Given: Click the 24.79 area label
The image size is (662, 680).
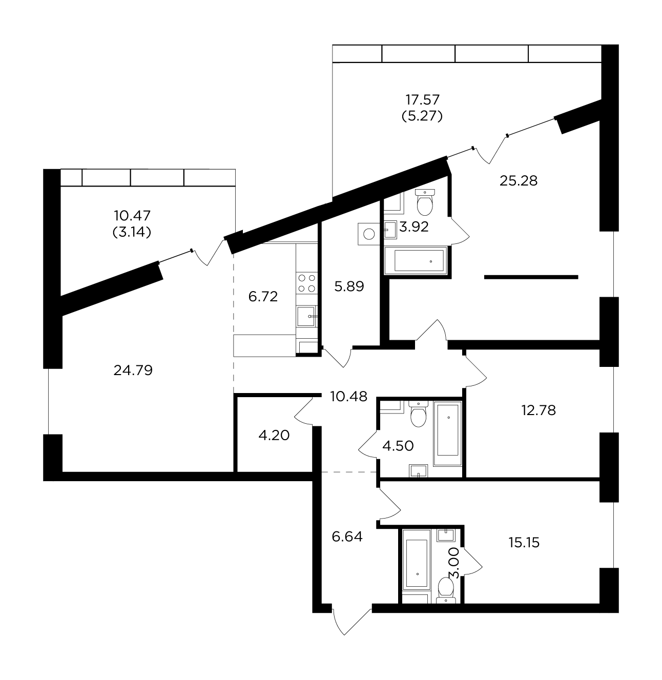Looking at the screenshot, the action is pyautogui.click(x=133, y=370).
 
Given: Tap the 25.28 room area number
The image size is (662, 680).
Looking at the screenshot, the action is pyautogui.click(x=519, y=181).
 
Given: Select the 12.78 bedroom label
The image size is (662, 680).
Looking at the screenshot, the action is pyautogui.click(x=539, y=410).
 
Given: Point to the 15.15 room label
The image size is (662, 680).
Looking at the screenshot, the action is pyautogui.click(x=524, y=543).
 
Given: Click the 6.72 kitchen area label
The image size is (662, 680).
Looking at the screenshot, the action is pyautogui.click(x=263, y=297).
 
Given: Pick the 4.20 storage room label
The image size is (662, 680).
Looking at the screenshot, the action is pyautogui.click(x=274, y=436).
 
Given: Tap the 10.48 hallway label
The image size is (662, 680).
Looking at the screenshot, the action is pyautogui.click(x=348, y=397).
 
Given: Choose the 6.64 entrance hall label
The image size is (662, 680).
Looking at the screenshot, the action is pyautogui.click(x=347, y=537).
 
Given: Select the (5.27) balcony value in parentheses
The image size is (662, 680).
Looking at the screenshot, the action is pyautogui.click(x=422, y=116).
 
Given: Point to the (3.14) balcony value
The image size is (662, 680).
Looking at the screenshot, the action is pyautogui.click(x=132, y=232).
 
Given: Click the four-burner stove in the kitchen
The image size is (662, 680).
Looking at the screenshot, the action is pyautogui.click(x=306, y=283).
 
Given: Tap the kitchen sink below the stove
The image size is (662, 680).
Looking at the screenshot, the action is pyautogui.click(x=306, y=316).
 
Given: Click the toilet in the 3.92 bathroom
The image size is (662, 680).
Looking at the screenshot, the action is pyautogui.click(x=425, y=202).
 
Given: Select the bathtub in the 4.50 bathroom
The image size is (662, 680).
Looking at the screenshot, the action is pyautogui.click(x=447, y=434).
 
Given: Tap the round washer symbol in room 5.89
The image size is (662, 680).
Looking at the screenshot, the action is pyautogui.click(x=369, y=234).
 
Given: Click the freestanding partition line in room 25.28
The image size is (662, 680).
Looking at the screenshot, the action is pyautogui.click(x=531, y=277).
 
